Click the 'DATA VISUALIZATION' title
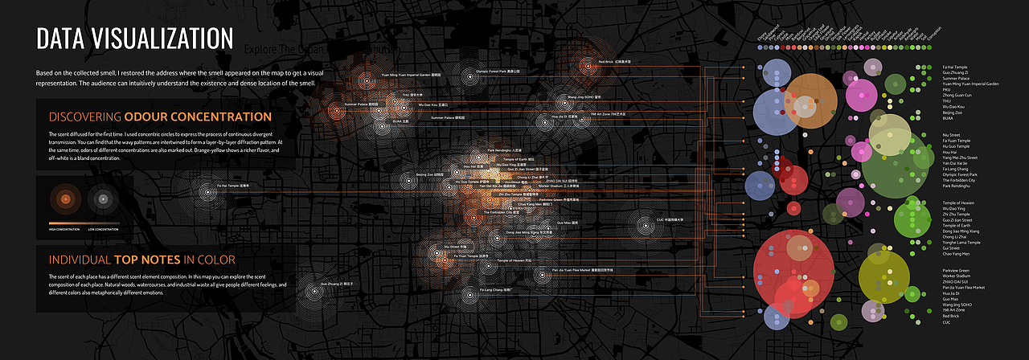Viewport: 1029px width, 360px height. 135,39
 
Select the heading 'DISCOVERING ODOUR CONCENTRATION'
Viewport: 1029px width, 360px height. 161,117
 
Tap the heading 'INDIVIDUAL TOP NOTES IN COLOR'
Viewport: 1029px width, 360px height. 142,260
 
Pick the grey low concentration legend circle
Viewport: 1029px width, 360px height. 101,198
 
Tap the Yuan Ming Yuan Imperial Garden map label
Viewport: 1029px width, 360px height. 411,75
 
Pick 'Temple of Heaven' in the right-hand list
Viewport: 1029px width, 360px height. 958,202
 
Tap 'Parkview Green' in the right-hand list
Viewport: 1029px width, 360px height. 956,270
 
